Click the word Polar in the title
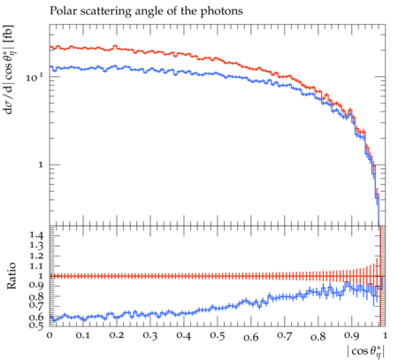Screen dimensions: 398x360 coord(61,11)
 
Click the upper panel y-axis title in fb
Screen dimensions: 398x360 coord(9,69)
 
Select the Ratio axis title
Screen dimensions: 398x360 coord(11,275)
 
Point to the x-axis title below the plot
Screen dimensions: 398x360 coord(366,351)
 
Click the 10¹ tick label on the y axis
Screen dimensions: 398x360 coord(34,78)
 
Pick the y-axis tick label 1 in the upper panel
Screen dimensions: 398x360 coord(41,165)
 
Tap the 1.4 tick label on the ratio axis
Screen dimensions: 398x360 coord(36,235)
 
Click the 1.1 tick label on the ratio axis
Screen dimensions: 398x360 coord(36,266)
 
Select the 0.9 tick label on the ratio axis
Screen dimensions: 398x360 coord(36,286)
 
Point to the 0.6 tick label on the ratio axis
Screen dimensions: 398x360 coord(36,317)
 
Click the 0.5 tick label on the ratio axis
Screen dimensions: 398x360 coord(36,325)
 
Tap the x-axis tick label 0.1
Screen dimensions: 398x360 coord(83,335)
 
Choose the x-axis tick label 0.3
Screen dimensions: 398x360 coord(150,335)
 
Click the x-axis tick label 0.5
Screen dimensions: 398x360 coord(218,335)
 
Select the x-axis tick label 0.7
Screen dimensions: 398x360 coord(284,335)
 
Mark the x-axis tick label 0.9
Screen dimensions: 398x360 coord(352,335)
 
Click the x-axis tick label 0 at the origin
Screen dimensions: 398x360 coord(50,335)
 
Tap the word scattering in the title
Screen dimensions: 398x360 coord(103,11)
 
